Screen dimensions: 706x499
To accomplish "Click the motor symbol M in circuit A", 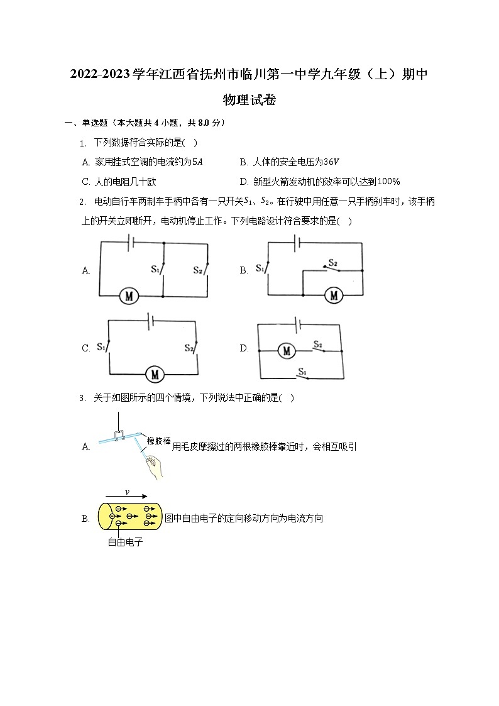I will click(x=129, y=295).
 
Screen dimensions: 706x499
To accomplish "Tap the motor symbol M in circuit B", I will click(x=334, y=295).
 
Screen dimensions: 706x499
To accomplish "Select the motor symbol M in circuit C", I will click(x=154, y=374).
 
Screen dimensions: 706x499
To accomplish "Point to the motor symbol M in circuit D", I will click(x=287, y=351).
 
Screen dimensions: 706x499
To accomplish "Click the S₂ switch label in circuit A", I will click(x=197, y=270).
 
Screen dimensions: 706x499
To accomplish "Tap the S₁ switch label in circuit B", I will click(x=260, y=268).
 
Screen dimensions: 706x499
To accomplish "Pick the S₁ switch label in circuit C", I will click(x=101, y=347).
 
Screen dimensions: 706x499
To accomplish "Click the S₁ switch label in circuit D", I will click(x=303, y=371).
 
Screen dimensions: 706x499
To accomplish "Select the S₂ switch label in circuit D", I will click(x=317, y=345).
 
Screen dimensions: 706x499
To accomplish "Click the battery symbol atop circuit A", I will click(x=130, y=242).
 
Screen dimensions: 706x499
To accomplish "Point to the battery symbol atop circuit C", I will click(x=150, y=321).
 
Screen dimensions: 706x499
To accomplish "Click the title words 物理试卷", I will click(x=249, y=100).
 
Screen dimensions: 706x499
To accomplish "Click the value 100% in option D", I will click(x=388, y=182).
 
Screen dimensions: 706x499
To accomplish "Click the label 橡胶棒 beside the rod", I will click(x=159, y=441).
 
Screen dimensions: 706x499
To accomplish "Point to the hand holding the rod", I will click(x=155, y=466).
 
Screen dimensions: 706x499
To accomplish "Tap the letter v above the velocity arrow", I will click(x=127, y=492).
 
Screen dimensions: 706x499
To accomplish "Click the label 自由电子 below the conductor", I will click(x=125, y=542).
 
